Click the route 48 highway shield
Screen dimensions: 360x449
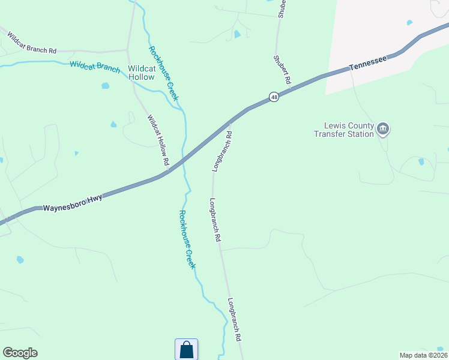coord(274,97)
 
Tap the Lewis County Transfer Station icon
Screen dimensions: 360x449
coord(383,129)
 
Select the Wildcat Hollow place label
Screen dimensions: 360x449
coord(142,73)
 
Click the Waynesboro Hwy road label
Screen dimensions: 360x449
coord(71,201)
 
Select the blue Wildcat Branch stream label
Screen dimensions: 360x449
coord(95,67)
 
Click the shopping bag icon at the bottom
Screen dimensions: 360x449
coord(186,349)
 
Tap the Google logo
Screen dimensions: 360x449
coord(20,353)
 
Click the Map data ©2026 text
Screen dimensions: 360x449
coord(423,355)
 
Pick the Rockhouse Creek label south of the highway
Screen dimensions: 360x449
coord(187,239)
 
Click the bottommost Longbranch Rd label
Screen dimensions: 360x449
coord(234,319)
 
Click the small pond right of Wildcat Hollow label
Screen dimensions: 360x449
coord(106,86)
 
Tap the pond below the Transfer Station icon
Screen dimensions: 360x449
coord(421,161)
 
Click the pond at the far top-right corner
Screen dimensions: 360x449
coord(409,23)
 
